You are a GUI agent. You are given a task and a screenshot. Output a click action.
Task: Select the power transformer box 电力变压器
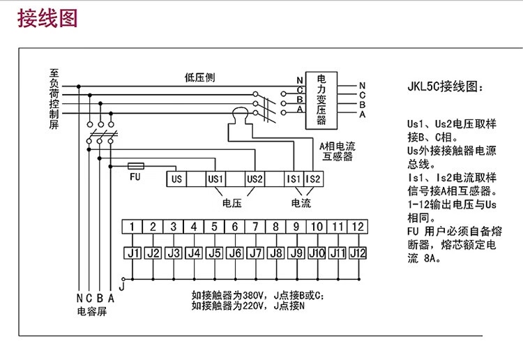coord(321,100)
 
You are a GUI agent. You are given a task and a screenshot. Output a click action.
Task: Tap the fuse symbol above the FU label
coord(137,166)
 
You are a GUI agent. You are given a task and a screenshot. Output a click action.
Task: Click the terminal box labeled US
coord(176,179)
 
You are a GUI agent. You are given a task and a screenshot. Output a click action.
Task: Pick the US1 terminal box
coord(215,179)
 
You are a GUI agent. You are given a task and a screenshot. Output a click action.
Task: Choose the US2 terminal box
coord(255,179)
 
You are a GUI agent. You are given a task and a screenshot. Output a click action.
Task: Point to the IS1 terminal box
coord(294,179)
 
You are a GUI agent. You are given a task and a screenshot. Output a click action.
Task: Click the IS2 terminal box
coord(313,179)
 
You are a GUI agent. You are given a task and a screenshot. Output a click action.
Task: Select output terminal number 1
coord(132,227)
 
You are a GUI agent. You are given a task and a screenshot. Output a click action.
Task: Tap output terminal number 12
coord(357,227)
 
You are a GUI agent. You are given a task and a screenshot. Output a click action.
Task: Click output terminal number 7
coord(255,227)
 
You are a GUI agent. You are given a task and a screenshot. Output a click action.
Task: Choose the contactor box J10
coord(317,253)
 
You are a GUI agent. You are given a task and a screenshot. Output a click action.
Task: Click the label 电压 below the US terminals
coord(232,203)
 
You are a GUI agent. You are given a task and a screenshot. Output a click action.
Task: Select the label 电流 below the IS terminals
coord(301,203)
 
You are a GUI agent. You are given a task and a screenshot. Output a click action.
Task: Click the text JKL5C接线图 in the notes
coord(444,89)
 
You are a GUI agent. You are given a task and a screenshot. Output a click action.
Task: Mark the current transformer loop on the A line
coord(241,112)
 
